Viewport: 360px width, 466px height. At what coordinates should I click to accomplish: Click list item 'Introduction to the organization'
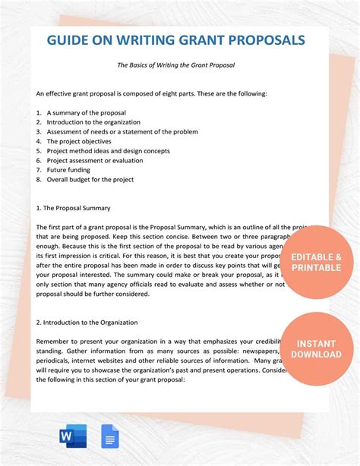pyautogui.click(x=93, y=121)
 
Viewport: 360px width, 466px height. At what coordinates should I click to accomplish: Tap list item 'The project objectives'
pyautogui.click(x=79, y=141)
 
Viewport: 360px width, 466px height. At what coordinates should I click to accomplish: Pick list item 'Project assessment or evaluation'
pyautogui.click(x=93, y=160)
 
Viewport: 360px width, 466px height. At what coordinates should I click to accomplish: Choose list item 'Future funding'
pyautogui.click(x=69, y=170)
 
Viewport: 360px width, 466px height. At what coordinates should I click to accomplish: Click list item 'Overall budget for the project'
pyautogui.click(x=90, y=180)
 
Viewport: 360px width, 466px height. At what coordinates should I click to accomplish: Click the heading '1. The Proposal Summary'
pyautogui.click(x=74, y=207)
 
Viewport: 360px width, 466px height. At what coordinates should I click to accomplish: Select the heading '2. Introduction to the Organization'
pyautogui.click(x=92, y=322)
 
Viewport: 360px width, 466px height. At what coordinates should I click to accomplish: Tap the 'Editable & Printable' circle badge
pyautogui.click(x=316, y=262)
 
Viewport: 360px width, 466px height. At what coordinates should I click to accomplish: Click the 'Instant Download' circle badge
pyautogui.click(x=316, y=349)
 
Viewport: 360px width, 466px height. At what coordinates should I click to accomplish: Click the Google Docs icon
pyautogui.click(x=110, y=436)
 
